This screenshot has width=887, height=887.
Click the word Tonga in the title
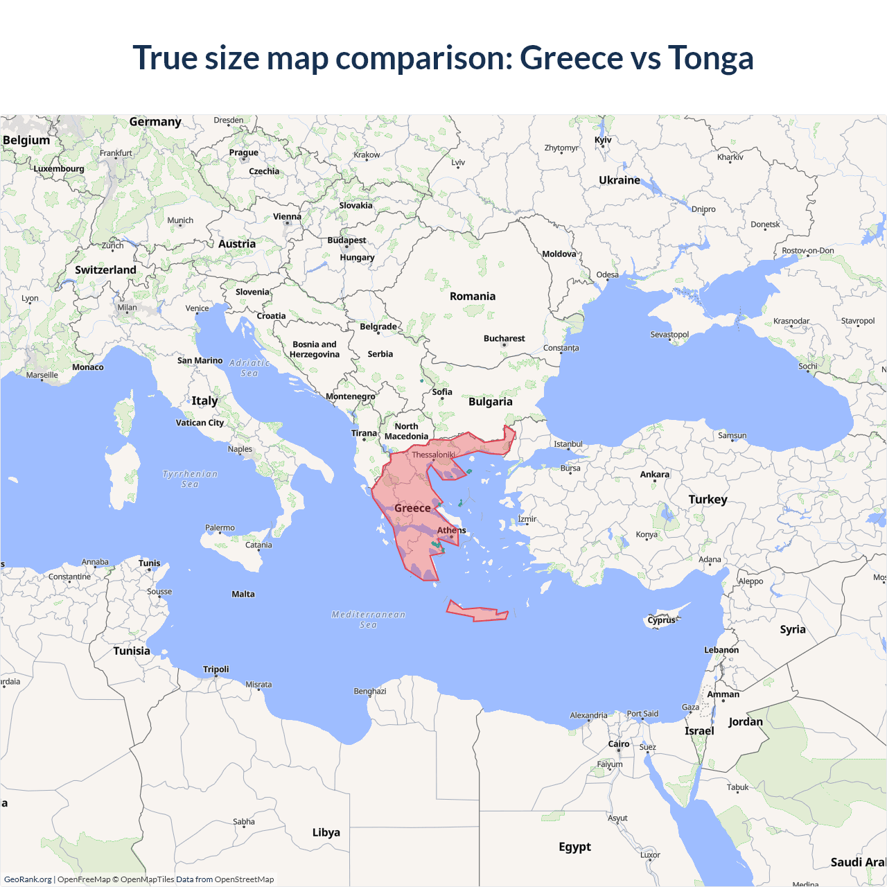click(x=710, y=58)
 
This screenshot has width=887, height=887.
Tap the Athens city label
click(x=451, y=530)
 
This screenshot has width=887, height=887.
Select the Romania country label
click(x=473, y=297)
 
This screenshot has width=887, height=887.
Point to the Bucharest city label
click(x=504, y=338)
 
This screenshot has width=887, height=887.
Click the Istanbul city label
click(x=568, y=444)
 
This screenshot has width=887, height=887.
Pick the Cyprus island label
click(x=661, y=620)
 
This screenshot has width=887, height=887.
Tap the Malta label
click(x=243, y=594)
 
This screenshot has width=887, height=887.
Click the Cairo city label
click(x=618, y=744)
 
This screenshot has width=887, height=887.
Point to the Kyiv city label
click(x=603, y=139)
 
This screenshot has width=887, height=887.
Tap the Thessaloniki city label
click(x=433, y=455)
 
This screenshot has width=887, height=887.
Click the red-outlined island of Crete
click(x=478, y=613)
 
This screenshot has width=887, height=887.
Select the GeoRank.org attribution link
click(x=28, y=879)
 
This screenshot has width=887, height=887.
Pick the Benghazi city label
click(x=370, y=691)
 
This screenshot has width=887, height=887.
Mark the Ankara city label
click(x=654, y=475)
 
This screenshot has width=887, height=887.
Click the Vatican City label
click(x=200, y=423)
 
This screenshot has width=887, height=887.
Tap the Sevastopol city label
click(x=669, y=335)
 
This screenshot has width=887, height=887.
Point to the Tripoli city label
click(x=216, y=669)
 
